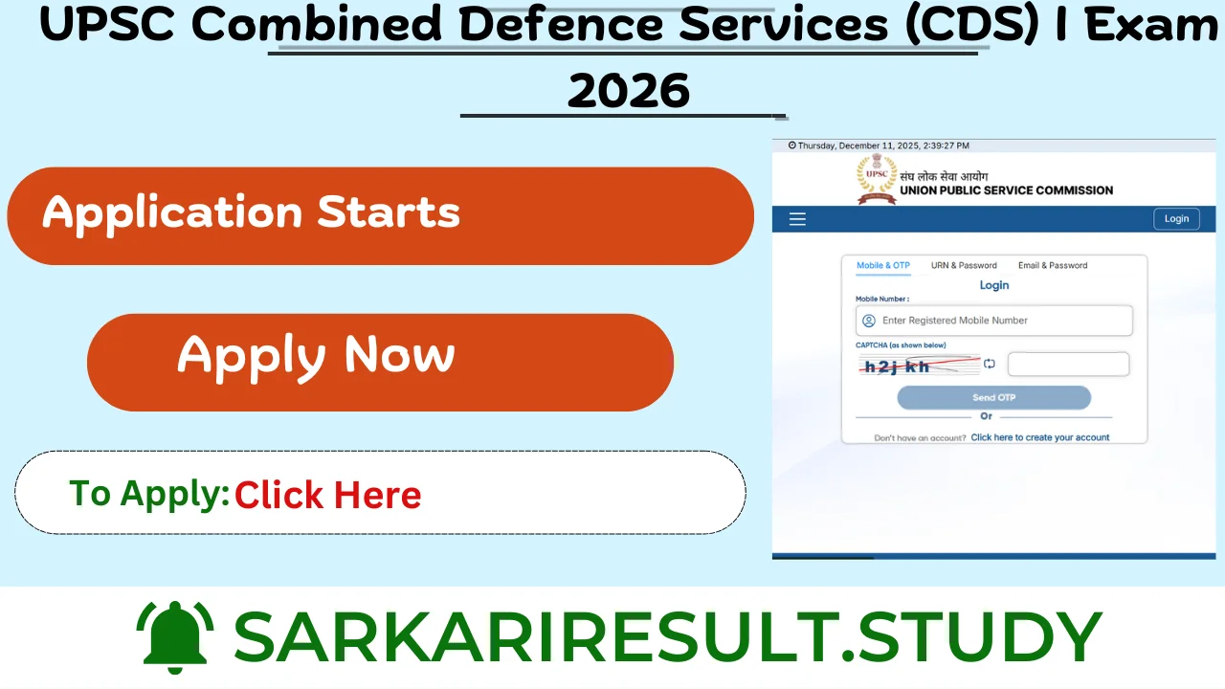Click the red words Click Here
(x=327, y=495)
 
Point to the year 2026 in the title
(x=628, y=92)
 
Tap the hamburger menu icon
(x=797, y=219)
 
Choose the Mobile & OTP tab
(x=882, y=266)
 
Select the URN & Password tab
(x=964, y=266)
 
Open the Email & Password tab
(x=1053, y=266)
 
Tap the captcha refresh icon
(x=990, y=364)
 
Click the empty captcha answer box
(x=1068, y=365)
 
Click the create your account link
(x=1040, y=437)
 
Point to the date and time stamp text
(x=879, y=145)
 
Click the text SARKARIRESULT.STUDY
(x=667, y=635)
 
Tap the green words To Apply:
(x=149, y=494)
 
